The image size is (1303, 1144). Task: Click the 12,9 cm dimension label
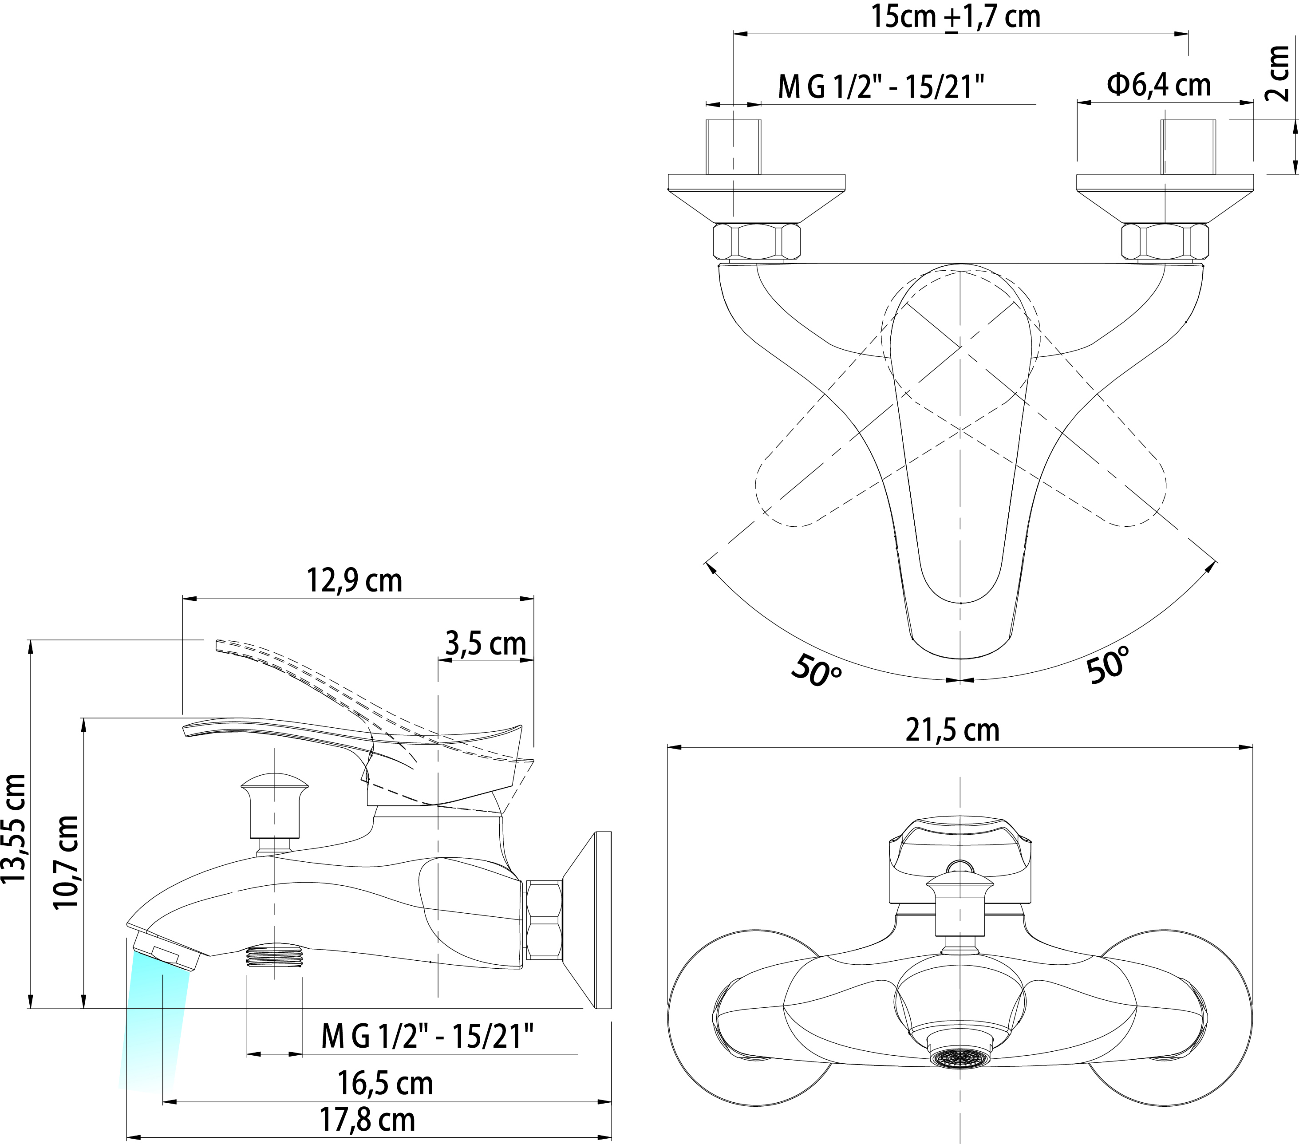pos(355,580)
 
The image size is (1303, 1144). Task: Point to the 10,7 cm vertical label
pos(66,862)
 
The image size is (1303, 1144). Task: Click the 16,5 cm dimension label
pos(385,1083)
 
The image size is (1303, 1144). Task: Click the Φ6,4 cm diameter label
pos(1159,84)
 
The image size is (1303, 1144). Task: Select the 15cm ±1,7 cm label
pos(956,16)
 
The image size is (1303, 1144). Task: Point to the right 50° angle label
pos(1107,665)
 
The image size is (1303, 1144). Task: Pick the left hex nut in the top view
pos(755,241)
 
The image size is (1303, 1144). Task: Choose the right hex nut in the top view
pos(1165,241)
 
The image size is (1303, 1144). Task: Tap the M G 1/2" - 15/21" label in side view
pos(427,1036)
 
